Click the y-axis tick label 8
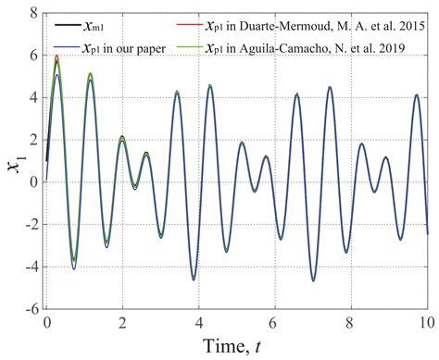point(32,13)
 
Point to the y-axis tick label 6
point(32,56)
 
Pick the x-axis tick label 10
point(425,325)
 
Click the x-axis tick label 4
point(198,325)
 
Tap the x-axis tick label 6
point(274,325)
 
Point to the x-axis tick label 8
point(350,325)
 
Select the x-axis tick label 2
point(122,325)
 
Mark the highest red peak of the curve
point(56,56)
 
